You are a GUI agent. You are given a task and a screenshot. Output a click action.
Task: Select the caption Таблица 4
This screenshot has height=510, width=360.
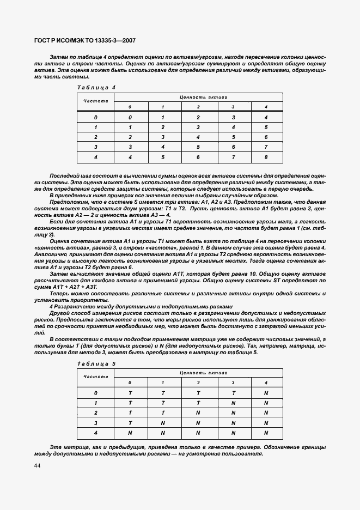pyautogui.click(x=96, y=87)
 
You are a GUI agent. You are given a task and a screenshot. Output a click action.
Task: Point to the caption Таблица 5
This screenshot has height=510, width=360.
pyautogui.click(x=96, y=363)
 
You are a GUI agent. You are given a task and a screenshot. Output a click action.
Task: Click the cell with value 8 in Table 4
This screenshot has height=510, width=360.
pyautogui.click(x=266, y=157)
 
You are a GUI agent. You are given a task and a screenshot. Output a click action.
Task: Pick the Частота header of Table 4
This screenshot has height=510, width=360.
pyautogui.click(x=95, y=101)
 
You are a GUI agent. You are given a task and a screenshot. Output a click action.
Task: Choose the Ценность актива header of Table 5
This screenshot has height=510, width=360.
pyautogui.click(x=198, y=373)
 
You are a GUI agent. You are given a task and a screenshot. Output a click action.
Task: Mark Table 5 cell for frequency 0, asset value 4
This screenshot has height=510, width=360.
pyautogui.click(x=266, y=393)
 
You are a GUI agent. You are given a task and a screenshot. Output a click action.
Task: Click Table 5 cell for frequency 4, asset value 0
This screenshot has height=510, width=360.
pyautogui.click(x=130, y=433)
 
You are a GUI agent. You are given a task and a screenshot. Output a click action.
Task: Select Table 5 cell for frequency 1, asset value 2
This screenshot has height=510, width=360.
pyautogui.click(x=198, y=403)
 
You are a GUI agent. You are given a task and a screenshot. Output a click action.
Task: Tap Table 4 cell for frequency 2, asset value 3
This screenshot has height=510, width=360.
pyautogui.click(x=233, y=137)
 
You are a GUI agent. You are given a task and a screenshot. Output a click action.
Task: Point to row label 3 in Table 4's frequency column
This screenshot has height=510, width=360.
pyautogui.click(x=95, y=147)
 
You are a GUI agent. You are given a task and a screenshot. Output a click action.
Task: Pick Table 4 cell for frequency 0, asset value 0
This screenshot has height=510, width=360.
pyautogui.click(x=130, y=118)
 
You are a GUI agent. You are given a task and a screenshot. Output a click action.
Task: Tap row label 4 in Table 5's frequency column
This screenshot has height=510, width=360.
pyautogui.click(x=95, y=433)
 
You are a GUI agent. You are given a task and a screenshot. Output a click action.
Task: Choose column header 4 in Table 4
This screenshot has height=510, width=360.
pyautogui.click(x=266, y=107)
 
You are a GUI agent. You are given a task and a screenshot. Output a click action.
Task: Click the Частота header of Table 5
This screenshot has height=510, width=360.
pyautogui.click(x=95, y=377)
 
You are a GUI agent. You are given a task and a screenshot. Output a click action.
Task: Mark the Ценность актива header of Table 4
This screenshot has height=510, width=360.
pyautogui.click(x=198, y=98)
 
